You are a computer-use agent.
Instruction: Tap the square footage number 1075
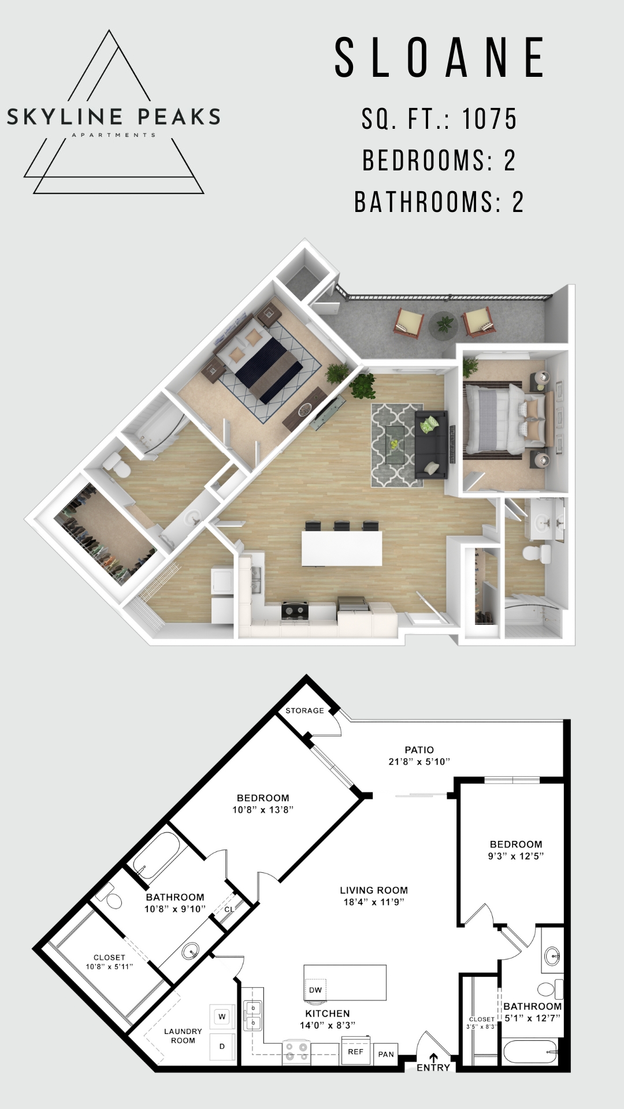point(489,119)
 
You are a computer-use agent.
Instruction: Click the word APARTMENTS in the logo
point(113,135)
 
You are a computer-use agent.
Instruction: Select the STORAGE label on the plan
point(304,710)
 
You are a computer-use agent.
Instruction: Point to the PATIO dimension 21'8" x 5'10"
point(419,762)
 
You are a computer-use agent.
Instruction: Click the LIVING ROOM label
point(374,890)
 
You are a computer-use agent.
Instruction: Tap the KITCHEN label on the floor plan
point(328,1013)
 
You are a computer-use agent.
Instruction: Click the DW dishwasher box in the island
point(315,989)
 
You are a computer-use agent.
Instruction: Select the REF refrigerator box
point(355,1052)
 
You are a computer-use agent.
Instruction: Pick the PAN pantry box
point(386,1054)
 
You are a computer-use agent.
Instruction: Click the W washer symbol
point(222,1017)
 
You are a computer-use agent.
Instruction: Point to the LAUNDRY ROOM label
point(183,1036)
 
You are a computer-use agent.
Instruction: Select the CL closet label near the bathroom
point(229,909)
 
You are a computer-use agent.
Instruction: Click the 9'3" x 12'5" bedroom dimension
point(516,856)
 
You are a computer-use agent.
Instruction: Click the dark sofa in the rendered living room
point(432,445)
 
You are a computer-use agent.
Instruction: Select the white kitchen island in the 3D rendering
point(341,548)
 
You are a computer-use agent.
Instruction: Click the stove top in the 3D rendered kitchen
point(296,610)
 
